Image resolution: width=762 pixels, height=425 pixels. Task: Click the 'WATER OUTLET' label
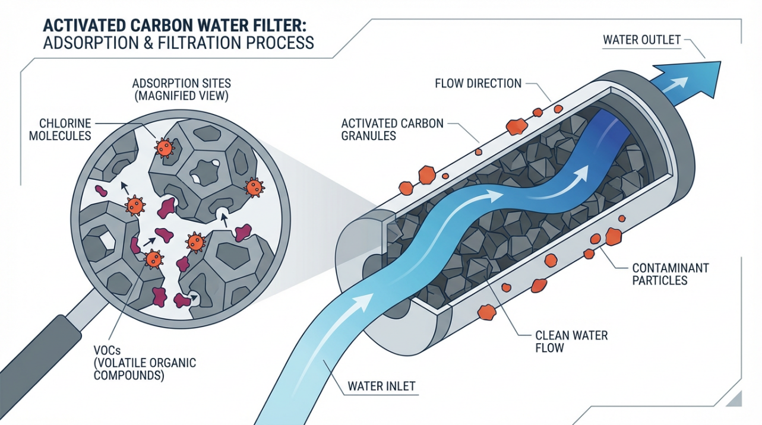641,40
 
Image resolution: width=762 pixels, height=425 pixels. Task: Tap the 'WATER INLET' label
381,386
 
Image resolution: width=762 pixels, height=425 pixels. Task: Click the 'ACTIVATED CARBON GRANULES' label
392,130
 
